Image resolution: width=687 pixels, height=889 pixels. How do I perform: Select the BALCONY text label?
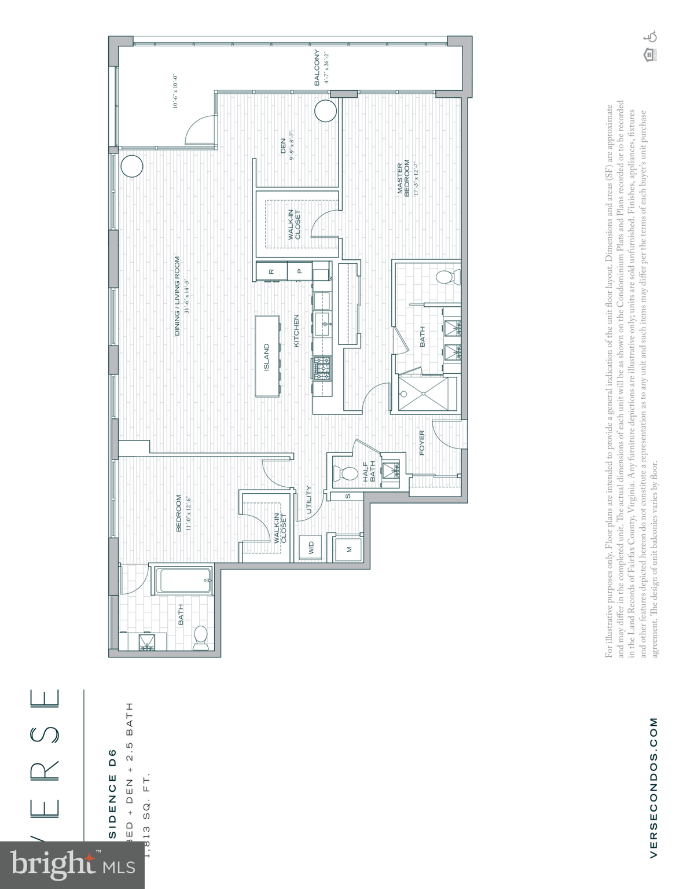[317, 68]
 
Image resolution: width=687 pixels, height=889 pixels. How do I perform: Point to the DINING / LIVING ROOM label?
[177, 296]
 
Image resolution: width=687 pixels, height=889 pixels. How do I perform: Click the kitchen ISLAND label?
[267, 357]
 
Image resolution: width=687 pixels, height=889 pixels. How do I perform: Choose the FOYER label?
[422, 443]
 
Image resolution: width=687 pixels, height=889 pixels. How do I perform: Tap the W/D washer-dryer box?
[311, 548]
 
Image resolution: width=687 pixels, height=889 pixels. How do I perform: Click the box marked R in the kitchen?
[271, 271]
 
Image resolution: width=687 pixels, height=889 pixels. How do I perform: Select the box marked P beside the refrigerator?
[299, 271]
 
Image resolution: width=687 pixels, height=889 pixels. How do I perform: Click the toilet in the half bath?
[348, 473]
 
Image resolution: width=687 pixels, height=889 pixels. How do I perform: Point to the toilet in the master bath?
[445, 278]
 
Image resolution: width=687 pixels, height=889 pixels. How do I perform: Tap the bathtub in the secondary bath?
[184, 580]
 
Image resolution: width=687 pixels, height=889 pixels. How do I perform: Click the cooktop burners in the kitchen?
[322, 369]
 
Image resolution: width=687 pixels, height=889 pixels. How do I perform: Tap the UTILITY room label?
[308, 499]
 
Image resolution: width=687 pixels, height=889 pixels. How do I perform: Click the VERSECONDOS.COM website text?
[653, 787]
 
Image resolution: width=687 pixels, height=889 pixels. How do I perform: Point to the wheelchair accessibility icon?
[652, 36]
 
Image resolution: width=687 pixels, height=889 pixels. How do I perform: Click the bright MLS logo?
[72, 865]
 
